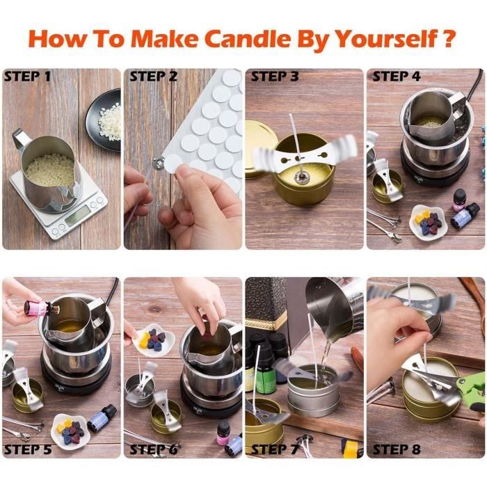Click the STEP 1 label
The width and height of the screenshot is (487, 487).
27,77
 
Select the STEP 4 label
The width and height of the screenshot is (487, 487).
397,77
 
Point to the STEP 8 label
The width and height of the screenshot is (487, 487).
397,449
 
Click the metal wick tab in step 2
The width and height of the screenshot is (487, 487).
157,161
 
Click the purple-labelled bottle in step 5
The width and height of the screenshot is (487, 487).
102,418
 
